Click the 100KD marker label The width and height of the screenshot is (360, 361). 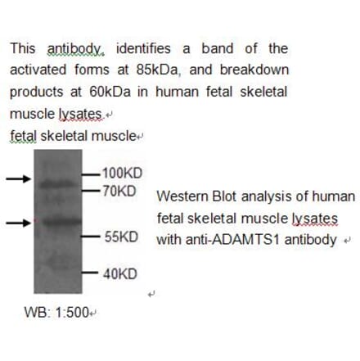123,174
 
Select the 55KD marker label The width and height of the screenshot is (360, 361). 121,238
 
